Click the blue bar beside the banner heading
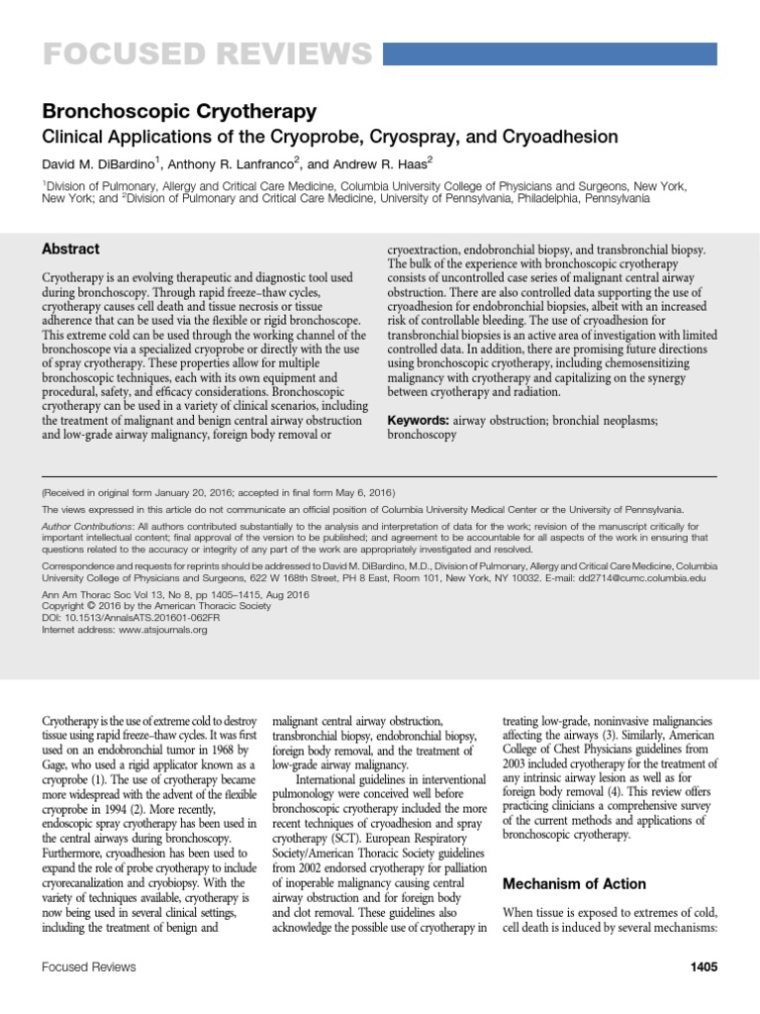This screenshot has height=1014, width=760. click(x=570, y=53)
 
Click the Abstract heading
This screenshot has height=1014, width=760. click(x=70, y=250)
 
